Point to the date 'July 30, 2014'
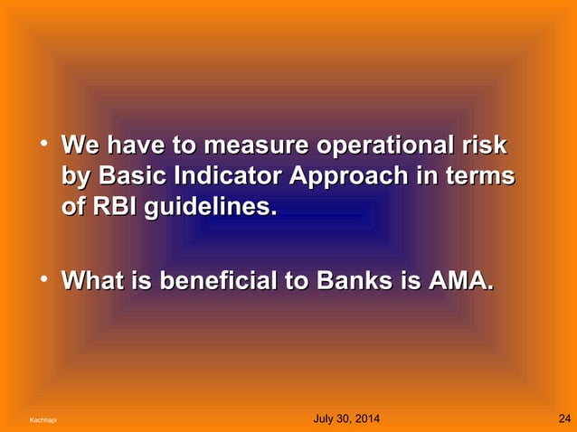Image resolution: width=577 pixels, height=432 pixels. tap(345, 418)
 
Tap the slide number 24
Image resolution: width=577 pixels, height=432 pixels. tap(563, 418)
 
